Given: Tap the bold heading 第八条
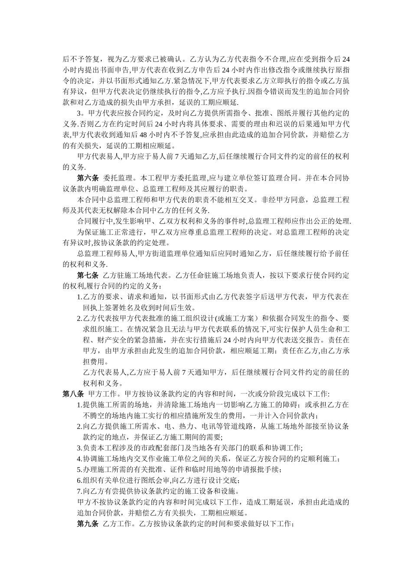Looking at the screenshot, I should (x=73, y=394).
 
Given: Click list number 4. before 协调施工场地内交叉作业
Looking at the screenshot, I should (x=79, y=459).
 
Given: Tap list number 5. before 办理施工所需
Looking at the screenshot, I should (x=79, y=470).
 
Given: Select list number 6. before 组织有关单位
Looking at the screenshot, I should (x=79, y=481).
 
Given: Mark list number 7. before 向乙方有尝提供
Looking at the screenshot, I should (x=79, y=491).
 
